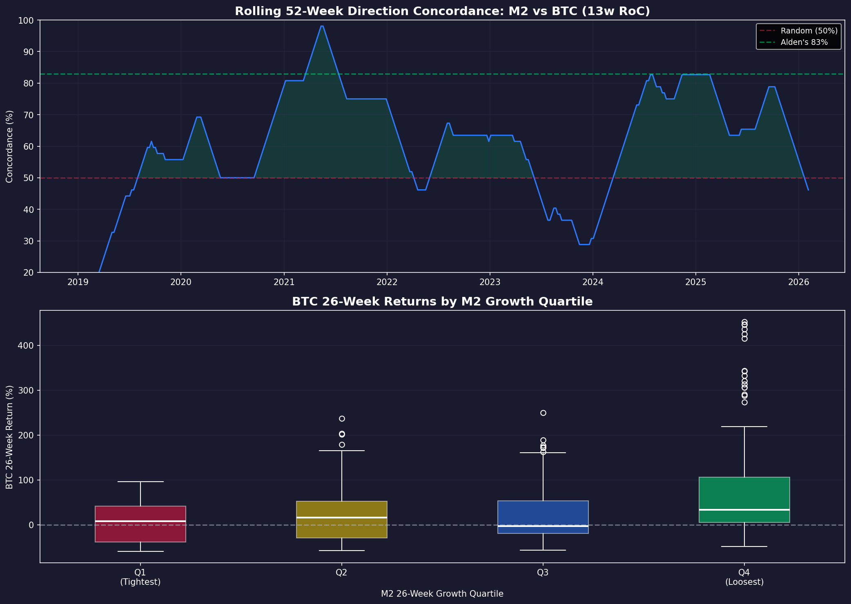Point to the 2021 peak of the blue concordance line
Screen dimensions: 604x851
[322, 26]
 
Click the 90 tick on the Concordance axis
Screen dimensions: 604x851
[29, 52]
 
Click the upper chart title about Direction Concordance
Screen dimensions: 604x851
[442, 11]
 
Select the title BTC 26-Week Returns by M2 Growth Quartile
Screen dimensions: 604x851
[442, 301]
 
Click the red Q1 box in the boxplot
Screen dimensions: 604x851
[140, 524]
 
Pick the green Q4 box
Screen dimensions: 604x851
[744, 500]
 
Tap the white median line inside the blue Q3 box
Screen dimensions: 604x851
[543, 526]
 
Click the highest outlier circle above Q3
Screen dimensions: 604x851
[543, 413]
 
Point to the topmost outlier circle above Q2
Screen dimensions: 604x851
[342, 418]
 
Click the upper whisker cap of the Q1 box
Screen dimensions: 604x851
[140, 482]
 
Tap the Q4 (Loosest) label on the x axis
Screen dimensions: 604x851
[744, 577]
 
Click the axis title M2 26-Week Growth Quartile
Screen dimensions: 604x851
[442, 594]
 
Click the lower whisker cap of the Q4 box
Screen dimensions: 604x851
[744, 546]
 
